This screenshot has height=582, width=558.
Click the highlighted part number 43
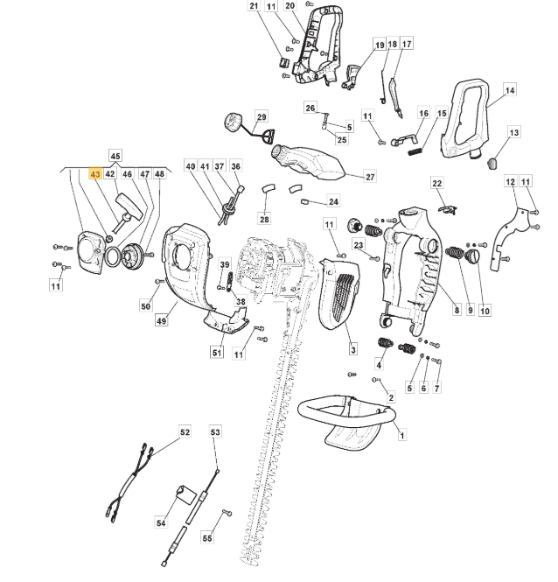(95, 173)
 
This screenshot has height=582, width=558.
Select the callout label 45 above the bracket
(115, 156)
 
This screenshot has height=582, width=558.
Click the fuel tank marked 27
(307, 162)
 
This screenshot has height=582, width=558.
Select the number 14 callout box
(510, 90)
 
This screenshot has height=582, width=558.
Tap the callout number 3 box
(353, 349)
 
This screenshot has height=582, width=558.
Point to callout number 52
(185, 432)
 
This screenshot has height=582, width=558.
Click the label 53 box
(215, 432)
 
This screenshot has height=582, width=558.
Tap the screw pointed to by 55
(227, 513)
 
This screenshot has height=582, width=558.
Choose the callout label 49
(162, 320)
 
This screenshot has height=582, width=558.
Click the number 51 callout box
(217, 352)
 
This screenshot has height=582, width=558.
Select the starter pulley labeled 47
(131, 255)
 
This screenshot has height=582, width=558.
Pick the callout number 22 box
(437, 183)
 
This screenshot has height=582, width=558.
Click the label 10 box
(485, 311)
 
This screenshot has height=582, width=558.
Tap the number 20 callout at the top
(289, 6)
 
